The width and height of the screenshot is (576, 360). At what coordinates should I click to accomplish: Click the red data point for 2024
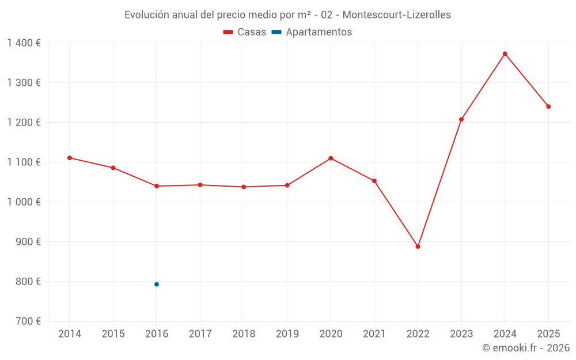pyautogui.click(x=505, y=54)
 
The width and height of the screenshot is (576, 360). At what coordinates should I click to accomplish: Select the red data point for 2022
pyautogui.click(x=418, y=247)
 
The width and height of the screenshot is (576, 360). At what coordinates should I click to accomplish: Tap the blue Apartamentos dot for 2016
pyautogui.click(x=157, y=285)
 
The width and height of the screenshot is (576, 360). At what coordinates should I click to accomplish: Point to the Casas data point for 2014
pyautogui.click(x=70, y=158)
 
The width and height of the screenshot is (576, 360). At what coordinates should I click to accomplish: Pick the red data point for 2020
pyautogui.click(x=331, y=158)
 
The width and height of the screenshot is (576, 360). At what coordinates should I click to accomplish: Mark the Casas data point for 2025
pyautogui.click(x=548, y=107)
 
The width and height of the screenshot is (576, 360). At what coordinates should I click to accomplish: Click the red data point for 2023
pyautogui.click(x=461, y=119)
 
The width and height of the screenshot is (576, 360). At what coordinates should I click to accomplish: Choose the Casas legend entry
pyautogui.click(x=245, y=32)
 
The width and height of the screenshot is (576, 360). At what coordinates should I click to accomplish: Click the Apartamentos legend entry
pyautogui.click(x=312, y=32)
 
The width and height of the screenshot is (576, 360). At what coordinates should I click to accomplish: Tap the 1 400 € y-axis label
pyautogui.click(x=24, y=43)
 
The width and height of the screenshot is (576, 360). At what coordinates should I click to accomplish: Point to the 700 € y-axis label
pyautogui.click(x=28, y=321)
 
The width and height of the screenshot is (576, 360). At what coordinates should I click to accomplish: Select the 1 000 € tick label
pyautogui.click(x=24, y=202)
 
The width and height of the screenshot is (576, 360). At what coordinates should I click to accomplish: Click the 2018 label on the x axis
pyautogui.click(x=244, y=334)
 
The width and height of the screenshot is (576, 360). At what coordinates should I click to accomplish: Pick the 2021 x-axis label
pyautogui.click(x=374, y=334)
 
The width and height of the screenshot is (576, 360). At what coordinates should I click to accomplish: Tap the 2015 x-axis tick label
pyautogui.click(x=113, y=334)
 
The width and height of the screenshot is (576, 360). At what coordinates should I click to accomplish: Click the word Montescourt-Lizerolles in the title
pyautogui.click(x=397, y=15)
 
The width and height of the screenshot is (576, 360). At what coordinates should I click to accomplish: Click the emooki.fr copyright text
pyautogui.click(x=526, y=348)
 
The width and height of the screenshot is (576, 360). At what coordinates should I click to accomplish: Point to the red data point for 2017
pyautogui.click(x=200, y=185)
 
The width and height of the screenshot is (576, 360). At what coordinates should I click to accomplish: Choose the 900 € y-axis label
pyautogui.click(x=28, y=241)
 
